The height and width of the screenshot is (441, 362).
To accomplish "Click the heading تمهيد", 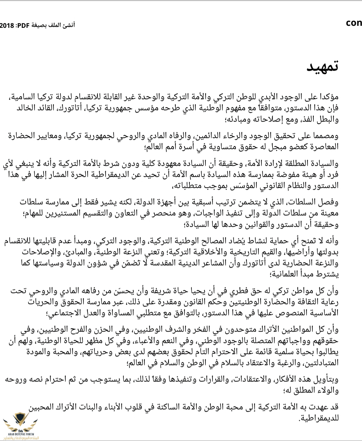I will pyautogui.click(x=322, y=67).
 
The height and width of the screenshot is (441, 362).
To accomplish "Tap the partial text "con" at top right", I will pyautogui.click(x=354, y=23).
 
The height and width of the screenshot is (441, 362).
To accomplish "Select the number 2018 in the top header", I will pyautogui.click(x=7, y=25).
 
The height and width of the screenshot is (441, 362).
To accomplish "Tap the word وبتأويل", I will pyautogui.click(x=325, y=379).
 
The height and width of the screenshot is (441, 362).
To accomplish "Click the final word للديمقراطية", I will pyautogui.click(x=318, y=418).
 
